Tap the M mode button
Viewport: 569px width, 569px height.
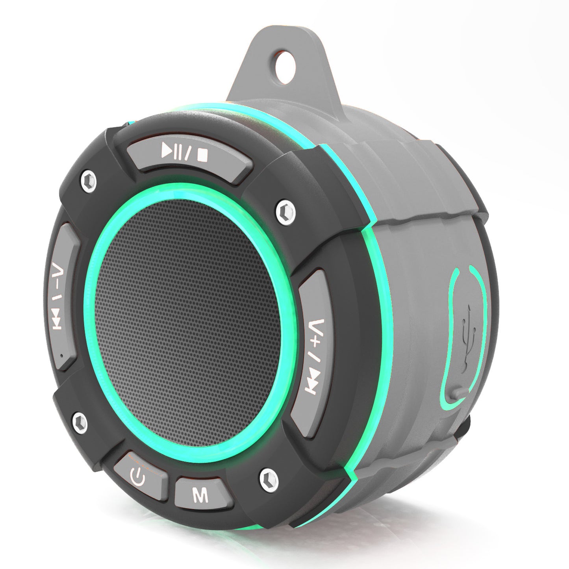(x=200, y=495)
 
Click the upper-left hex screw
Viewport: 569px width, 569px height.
(x=88, y=181)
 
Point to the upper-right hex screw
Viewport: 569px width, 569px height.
(x=285, y=208)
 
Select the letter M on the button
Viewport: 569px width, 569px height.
(x=200, y=495)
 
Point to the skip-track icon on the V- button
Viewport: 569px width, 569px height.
(x=58, y=321)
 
